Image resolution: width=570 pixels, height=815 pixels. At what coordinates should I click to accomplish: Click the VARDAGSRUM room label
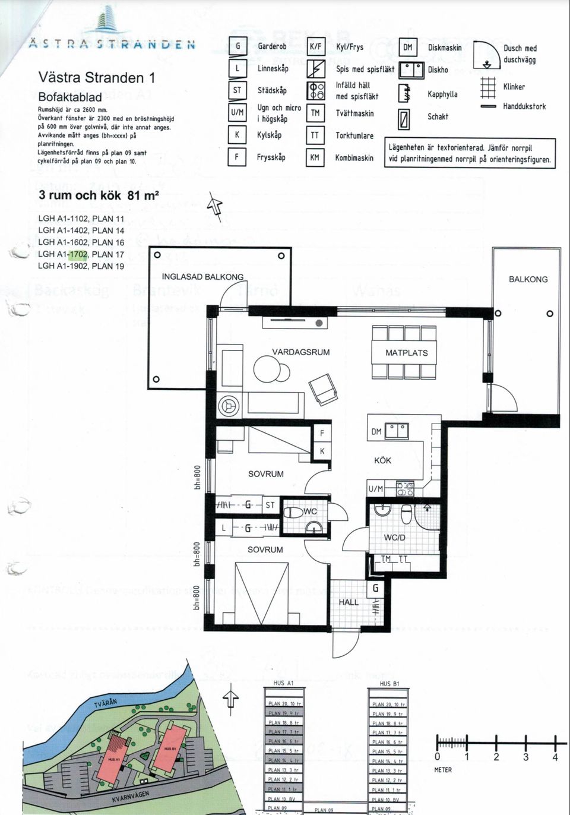(x=300, y=352)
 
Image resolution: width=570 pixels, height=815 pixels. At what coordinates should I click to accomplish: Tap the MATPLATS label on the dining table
(x=406, y=353)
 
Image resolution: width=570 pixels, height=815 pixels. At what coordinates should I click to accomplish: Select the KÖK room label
(x=382, y=460)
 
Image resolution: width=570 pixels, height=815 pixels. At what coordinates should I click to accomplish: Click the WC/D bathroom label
(x=394, y=538)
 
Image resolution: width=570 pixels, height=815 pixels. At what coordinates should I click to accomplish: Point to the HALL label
(x=349, y=602)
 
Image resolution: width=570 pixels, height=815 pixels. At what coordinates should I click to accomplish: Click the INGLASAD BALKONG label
(x=202, y=277)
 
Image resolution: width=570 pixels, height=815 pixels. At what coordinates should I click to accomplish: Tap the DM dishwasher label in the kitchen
(x=376, y=432)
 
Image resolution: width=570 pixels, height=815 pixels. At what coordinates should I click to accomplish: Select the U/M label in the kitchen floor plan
(x=375, y=489)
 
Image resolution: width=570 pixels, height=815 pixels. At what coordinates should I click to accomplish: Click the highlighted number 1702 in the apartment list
(x=78, y=254)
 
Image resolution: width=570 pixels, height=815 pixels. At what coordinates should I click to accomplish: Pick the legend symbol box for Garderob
(x=237, y=46)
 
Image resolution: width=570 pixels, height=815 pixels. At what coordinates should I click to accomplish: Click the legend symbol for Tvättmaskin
(x=315, y=113)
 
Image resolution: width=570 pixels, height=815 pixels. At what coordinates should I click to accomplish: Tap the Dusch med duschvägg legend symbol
(x=487, y=55)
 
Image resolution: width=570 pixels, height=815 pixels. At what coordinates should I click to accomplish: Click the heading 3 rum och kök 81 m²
(x=99, y=195)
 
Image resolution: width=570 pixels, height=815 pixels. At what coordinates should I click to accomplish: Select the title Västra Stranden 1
(x=97, y=78)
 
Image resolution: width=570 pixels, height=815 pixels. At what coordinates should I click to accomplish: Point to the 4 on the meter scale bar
(x=555, y=757)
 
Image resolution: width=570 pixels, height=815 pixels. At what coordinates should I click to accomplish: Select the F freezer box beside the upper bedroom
(x=322, y=433)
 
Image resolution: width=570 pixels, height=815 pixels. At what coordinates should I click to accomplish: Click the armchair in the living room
(x=321, y=389)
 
